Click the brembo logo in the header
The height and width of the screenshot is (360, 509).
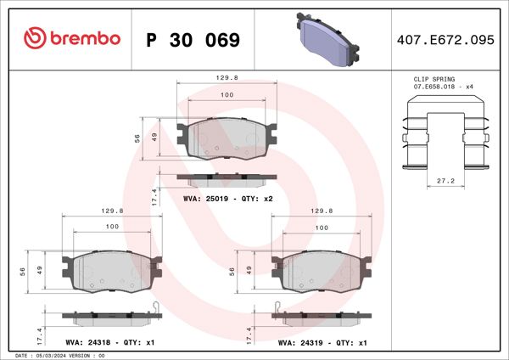72,39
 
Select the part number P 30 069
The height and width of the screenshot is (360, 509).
193,40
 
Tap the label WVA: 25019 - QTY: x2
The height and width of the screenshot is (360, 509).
227,198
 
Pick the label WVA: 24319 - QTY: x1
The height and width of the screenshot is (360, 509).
322,343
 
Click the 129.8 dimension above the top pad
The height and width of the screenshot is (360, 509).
227,76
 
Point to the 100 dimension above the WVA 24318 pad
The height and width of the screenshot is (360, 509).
112,227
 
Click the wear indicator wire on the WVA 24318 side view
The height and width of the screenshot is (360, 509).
154,307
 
